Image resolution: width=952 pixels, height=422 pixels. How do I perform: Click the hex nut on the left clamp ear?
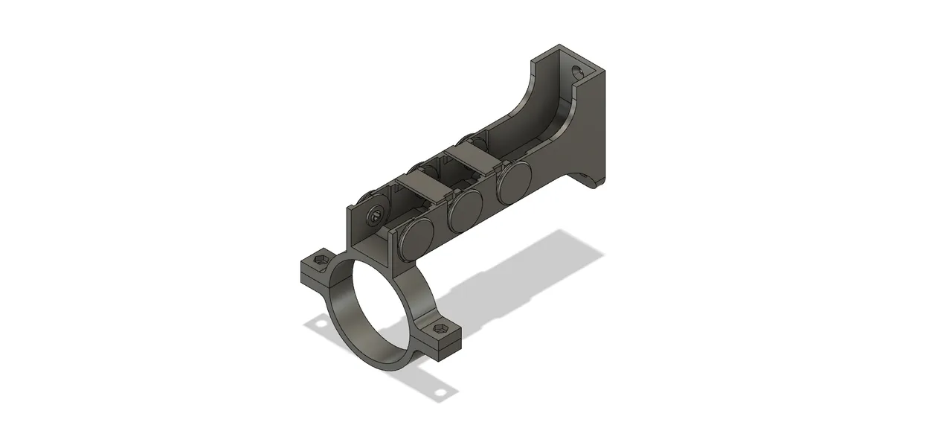(320, 260)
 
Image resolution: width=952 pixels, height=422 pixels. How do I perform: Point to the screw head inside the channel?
(375, 217)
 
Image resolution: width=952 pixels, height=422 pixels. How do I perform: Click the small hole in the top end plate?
(576, 72)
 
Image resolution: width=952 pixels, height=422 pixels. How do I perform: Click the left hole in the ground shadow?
(321, 324)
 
